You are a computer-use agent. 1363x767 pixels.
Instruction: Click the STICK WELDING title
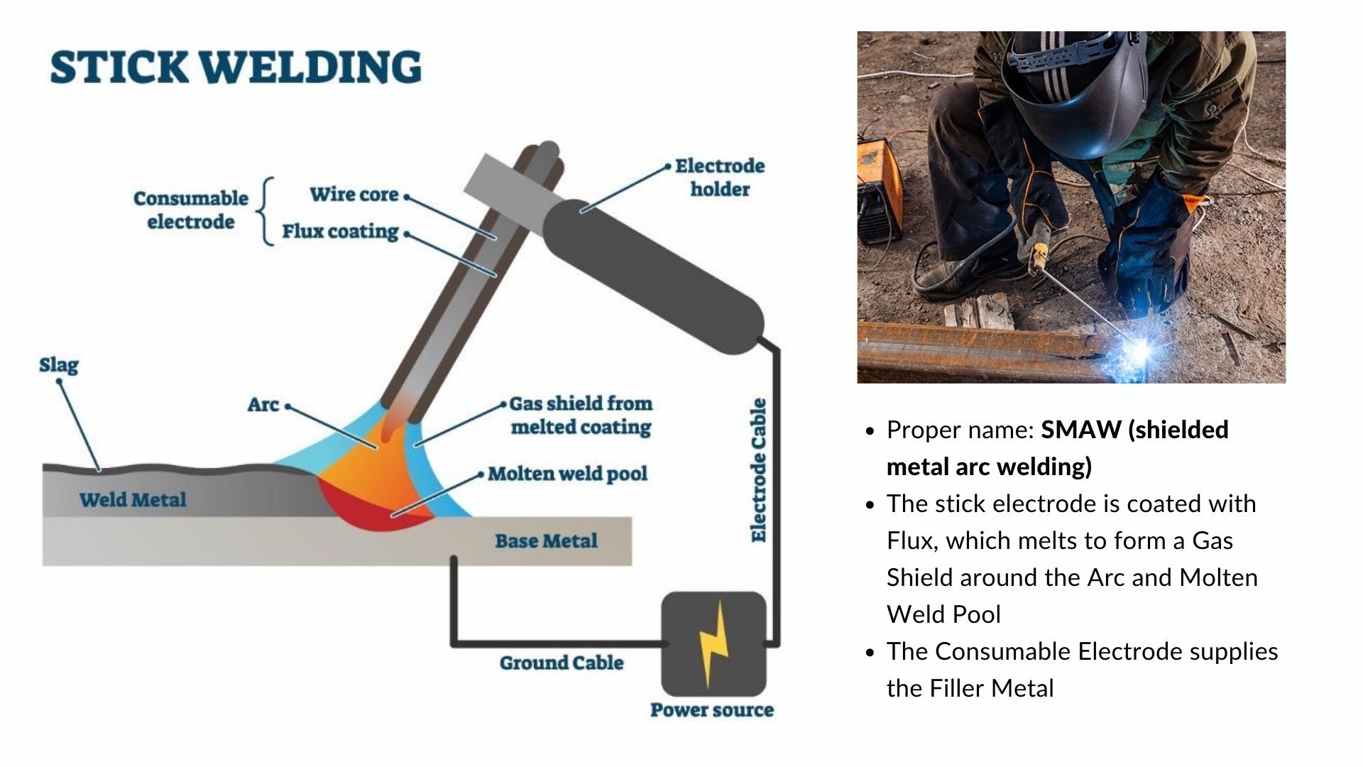click(x=236, y=67)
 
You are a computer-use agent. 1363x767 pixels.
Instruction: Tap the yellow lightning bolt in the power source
click(x=713, y=643)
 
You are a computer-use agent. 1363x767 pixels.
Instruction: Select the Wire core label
click(x=354, y=195)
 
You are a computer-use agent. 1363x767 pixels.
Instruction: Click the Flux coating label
click(x=340, y=232)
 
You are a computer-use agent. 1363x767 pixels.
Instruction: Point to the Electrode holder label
click(x=719, y=178)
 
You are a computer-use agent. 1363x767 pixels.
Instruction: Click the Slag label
click(x=59, y=365)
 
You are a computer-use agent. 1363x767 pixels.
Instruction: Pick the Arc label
click(x=263, y=405)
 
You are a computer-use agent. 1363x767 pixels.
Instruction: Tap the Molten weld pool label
click(x=567, y=474)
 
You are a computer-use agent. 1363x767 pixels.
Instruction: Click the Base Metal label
click(x=546, y=541)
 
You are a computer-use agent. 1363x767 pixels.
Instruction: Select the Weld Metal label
click(x=133, y=500)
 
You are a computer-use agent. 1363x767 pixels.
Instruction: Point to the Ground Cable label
click(x=561, y=663)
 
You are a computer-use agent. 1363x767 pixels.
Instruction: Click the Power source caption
click(x=712, y=710)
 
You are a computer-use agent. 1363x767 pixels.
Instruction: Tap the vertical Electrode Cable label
click(x=759, y=470)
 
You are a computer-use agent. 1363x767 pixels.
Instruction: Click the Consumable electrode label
click(x=190, y=210)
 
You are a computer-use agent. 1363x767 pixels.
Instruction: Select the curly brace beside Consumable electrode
click(x=267, y=212)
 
